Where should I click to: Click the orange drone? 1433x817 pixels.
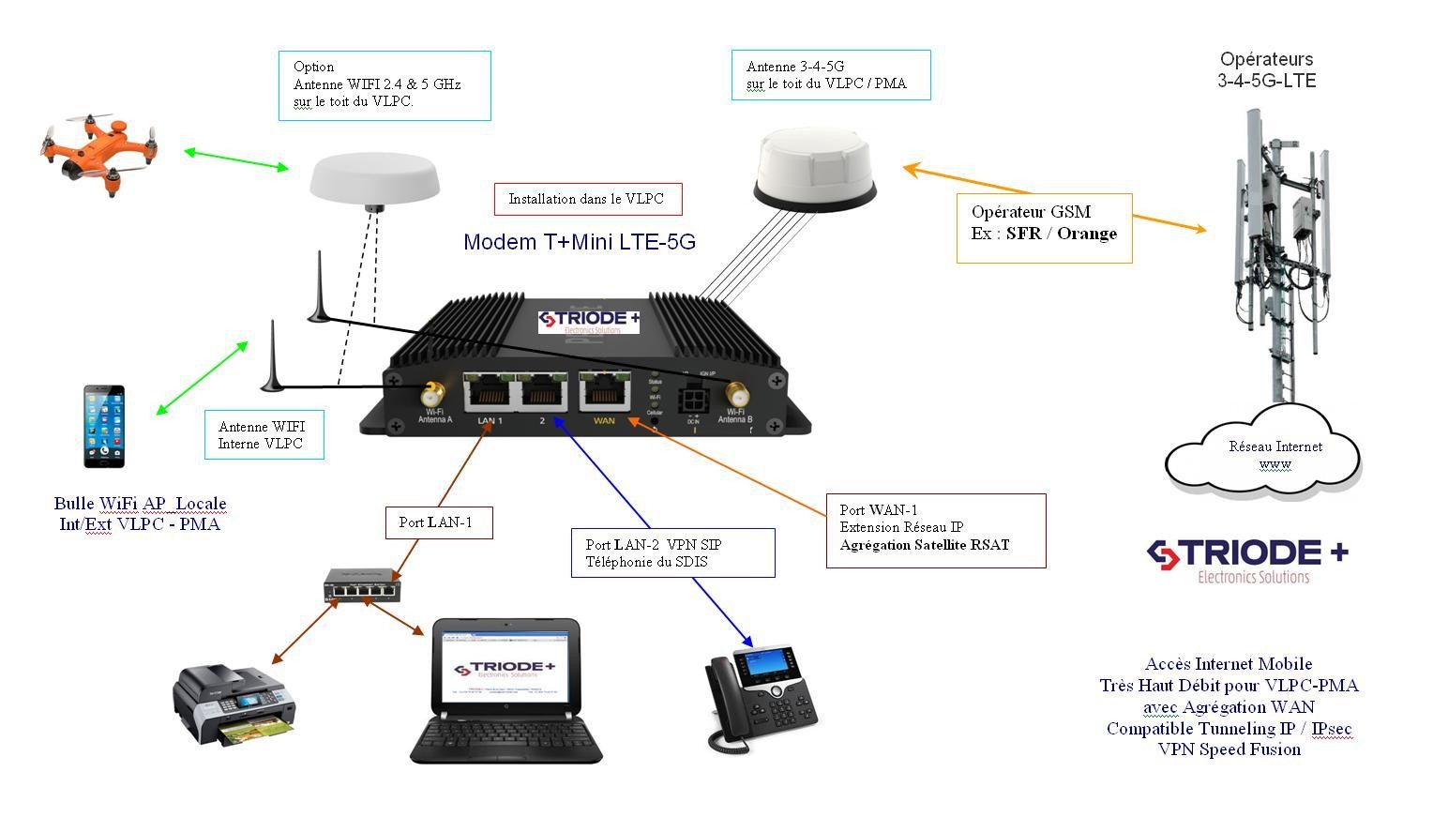pyautogui.click(x=98, y=150)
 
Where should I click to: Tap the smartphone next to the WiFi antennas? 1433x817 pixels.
pyautogui.click(x=104, y=425)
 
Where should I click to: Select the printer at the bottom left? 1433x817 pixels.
pyautogui.click(x=233, y=704)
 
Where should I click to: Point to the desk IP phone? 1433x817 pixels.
pyautogui.click(x=760, y=696)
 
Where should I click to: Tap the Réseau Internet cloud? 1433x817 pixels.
pyautogui.click(x=1261, y=454)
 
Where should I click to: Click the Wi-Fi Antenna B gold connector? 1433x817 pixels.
pyautogui.click(x=733, y=393)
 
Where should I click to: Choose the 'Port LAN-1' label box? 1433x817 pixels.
pyautogui.click(x=438, y=522)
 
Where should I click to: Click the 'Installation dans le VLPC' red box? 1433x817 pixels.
pyautogui.click(x=587, y=199)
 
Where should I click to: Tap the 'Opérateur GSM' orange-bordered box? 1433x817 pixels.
pyautogui.click(x=1044, y=228)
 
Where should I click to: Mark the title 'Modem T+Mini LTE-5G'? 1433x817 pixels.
pyautogui.click(x=580, y=242)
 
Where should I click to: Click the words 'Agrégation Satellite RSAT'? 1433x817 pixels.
pyautogui.click(x=924, y=545)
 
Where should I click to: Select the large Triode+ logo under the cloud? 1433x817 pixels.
pyautogui.click(x=1246, y=561)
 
